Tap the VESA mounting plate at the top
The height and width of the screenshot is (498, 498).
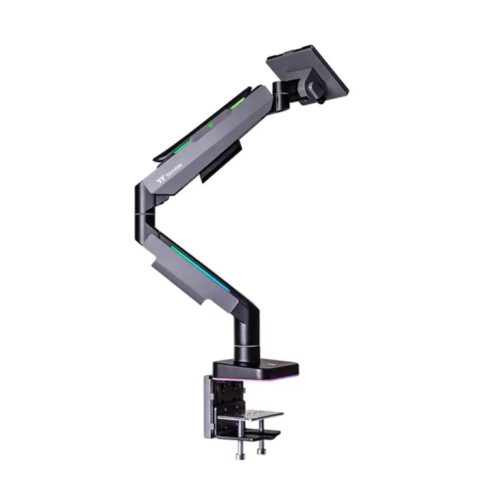pos(307,69)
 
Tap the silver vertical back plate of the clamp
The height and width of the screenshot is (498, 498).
pos(207,406)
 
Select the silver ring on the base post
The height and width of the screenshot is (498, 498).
pos(246,348)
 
